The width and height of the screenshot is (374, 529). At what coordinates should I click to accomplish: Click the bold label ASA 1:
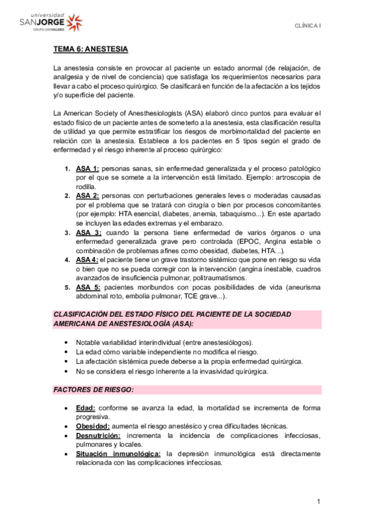click(87, 169)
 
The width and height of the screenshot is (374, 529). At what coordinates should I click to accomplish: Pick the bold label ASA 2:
click(87, 196)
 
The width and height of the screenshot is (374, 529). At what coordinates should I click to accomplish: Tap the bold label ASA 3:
click(88, 232)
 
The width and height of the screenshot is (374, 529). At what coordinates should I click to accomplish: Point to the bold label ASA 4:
click(87, 260)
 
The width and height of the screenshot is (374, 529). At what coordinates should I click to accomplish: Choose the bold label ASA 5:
click(88, 287)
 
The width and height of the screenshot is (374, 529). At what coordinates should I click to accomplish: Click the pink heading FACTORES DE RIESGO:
click(94, 390)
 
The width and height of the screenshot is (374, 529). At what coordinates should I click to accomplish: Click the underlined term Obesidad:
click(92, 425)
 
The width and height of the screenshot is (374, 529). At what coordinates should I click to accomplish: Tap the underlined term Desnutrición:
click(99, 435)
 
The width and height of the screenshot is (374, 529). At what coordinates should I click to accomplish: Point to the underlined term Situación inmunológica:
click(118, 454)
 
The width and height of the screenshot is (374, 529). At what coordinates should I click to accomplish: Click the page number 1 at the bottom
click(318, 502)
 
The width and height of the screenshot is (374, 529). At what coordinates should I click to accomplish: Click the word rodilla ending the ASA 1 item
click(86, 187)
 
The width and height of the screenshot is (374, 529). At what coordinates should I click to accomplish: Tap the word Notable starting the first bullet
click(87, 343)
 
